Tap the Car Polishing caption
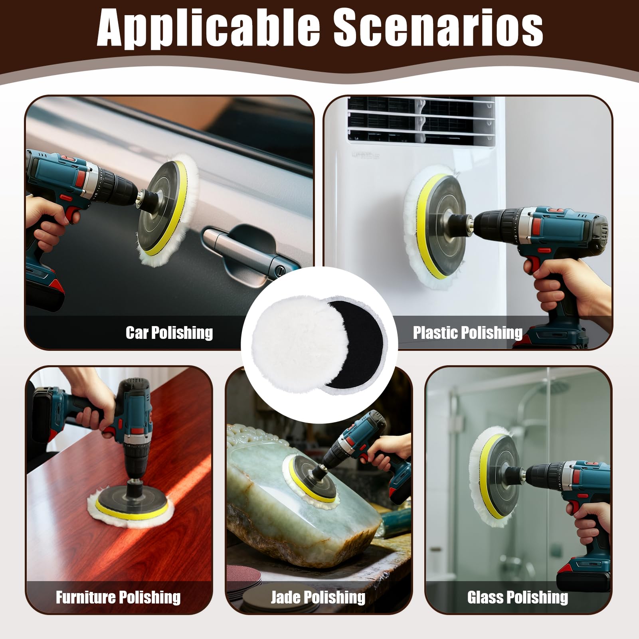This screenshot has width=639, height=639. tap(169, 333)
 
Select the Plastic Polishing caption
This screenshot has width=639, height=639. tap(467, 332)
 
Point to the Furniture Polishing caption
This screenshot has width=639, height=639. tap(118, 597)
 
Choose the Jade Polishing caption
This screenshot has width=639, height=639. tap(318, 597)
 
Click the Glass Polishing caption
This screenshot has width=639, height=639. tap(518, 597)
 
